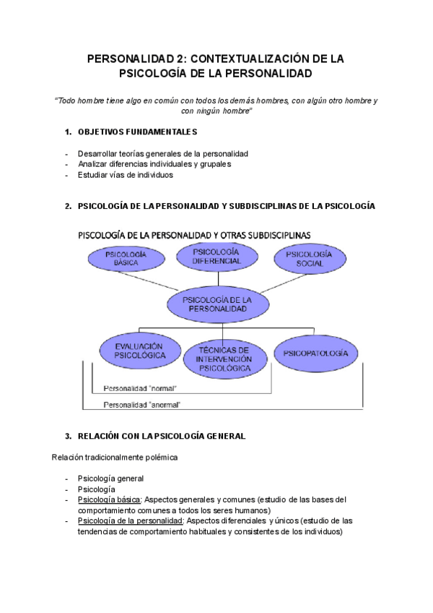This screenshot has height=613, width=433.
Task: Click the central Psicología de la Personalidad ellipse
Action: [x=216, y=304]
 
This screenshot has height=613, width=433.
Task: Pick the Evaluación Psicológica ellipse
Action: [x=139, y=351]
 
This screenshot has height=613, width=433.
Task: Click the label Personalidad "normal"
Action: [x=140, y=388]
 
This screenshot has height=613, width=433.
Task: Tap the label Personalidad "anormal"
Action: [x=142, y=405]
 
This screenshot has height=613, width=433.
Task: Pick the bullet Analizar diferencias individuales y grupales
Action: [x=154, y=164]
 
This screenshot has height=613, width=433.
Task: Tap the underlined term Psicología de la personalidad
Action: [x=130, y=520]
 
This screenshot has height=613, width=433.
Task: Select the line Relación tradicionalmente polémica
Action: [x=115, y=457]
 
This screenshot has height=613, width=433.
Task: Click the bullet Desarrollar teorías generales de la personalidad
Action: [x=162, y=154]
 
